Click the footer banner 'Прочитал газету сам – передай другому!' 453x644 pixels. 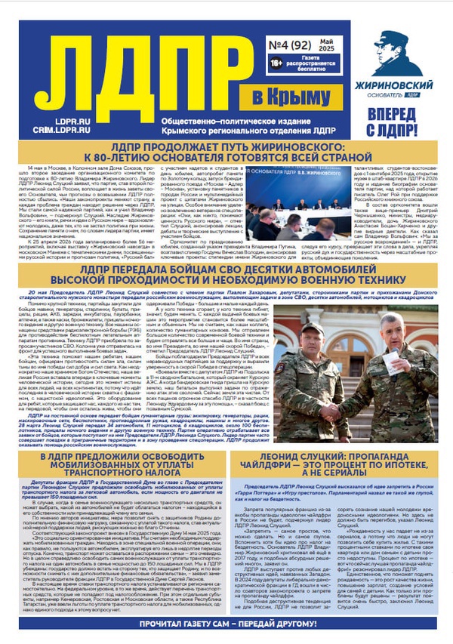(226, 626)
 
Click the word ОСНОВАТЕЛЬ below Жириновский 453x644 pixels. (384, 97)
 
